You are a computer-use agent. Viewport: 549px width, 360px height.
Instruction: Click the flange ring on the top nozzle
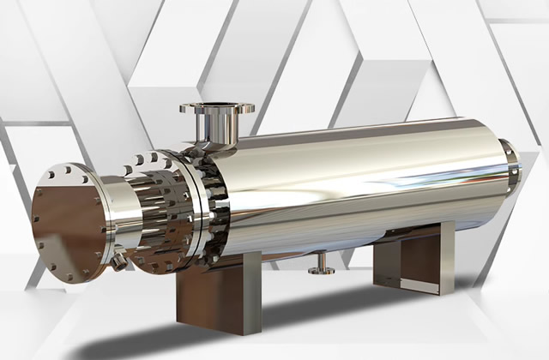[216, 111]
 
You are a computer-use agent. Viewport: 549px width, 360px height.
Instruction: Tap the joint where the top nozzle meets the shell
[211, 147]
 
